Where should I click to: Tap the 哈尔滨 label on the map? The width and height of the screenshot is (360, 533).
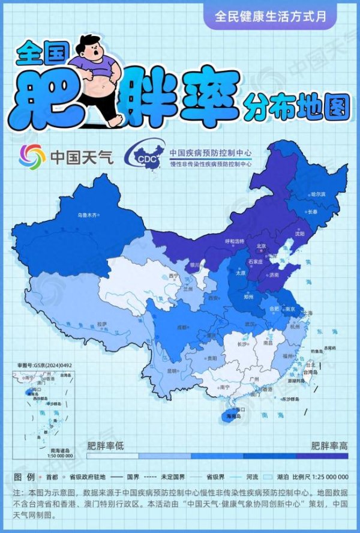click(317, 194)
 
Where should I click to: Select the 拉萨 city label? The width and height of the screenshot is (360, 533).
click(102, 324)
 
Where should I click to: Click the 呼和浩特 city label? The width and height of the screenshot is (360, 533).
click(235, 241)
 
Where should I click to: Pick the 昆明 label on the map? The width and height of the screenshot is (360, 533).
click(172, 370)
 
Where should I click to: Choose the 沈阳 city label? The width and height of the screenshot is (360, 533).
click(308, 233)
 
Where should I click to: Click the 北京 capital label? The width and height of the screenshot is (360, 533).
click(261, 245)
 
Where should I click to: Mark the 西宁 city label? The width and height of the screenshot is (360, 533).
click(174, 276)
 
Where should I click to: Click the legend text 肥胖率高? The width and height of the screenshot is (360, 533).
click(329, 446)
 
